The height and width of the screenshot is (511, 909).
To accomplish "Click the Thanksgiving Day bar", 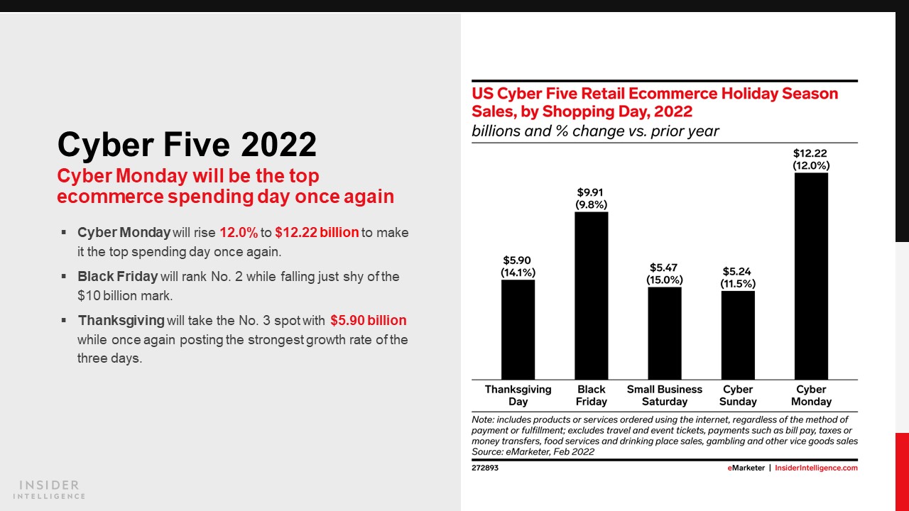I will click(x=518, y=329).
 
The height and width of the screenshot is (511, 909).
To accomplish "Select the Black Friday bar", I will click(x=591, y=295).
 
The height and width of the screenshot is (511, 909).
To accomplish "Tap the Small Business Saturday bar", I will click(x=665, y=333).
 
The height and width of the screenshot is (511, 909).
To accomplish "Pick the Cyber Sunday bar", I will click(x=738, y=335).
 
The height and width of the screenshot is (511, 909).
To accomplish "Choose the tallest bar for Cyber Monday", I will click(x=811, y=276).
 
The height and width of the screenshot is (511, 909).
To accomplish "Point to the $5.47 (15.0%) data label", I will click(x=665, y=273).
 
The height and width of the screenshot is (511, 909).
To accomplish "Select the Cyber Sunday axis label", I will click(x=738, y=395).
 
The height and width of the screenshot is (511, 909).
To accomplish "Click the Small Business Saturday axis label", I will click(x=665, y=395).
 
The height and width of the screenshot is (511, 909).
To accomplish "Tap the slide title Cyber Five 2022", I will click(x=187, y=145).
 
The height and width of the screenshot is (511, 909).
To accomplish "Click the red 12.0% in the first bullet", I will click(x=238, y=233).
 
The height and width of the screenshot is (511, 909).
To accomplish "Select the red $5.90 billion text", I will click(x=368, y=320).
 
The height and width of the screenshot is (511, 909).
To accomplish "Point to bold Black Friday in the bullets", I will click(x=117, y=276).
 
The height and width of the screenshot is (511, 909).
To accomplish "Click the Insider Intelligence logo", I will click(x=50, y=490).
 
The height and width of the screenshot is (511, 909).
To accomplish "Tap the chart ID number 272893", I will click(x=485, y=468).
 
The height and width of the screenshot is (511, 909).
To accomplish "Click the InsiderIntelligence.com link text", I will click(x=816, y=468).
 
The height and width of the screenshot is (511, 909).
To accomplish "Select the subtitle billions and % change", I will click(x=595, y=131).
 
